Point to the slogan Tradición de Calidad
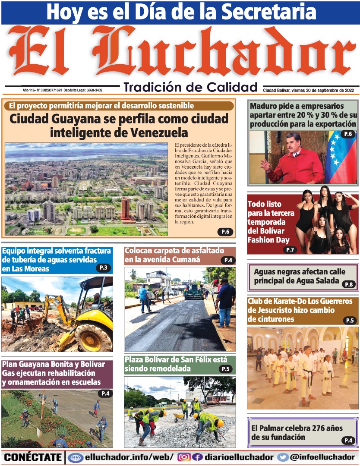190,87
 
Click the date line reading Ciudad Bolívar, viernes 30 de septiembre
308,90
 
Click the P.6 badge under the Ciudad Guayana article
225,232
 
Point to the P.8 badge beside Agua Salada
349,284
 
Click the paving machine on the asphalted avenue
194,293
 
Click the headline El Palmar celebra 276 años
297,432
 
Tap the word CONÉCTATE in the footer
33,457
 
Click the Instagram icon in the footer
184,457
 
